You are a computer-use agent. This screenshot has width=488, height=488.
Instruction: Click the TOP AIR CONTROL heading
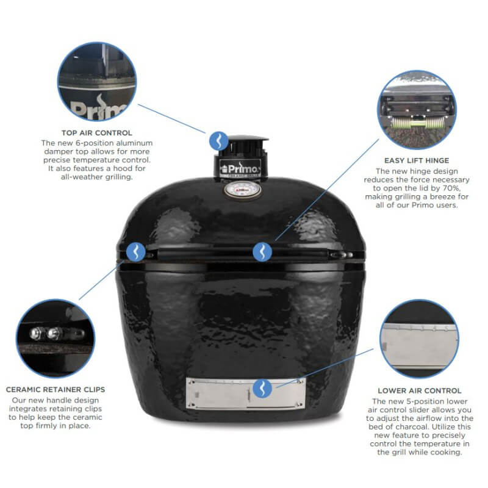96,132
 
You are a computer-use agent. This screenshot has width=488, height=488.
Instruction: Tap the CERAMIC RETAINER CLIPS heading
56,389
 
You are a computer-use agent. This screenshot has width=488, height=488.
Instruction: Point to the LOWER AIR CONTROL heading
420,390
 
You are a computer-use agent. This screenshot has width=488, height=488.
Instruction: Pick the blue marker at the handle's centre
262,250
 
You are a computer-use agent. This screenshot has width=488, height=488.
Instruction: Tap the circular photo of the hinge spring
417,110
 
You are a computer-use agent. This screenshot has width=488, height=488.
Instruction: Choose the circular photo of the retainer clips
56,338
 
